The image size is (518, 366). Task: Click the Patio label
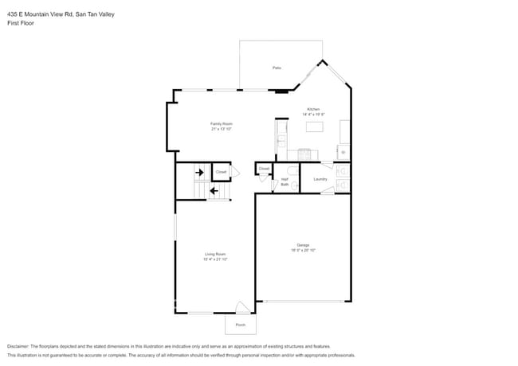(277, 68)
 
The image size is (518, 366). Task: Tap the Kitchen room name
(313, 109)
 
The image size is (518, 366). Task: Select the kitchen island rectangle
(315, 127)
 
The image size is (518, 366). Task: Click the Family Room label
(221, 123)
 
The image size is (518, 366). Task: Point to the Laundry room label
(320, 179)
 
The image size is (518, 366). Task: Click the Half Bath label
(285, 181)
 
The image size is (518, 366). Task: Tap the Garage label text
(303, 244)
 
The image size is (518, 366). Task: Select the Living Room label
(215, 254)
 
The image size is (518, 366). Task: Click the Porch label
(240, 325)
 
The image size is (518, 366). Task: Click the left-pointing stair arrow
(214, 190)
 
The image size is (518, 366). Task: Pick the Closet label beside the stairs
(221, 171)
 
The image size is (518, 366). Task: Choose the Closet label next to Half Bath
(264, 169)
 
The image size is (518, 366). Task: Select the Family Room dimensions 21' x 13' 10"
(221, 129)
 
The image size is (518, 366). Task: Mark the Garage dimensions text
(303, 250)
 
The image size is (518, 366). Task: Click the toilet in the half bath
(292, 171)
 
